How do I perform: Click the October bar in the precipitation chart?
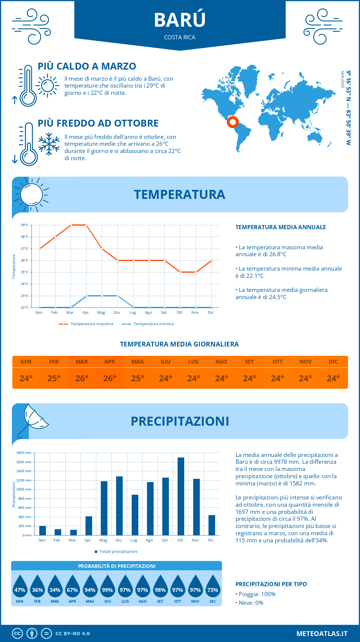click(x=181, y=496)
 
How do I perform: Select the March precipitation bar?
click(x=73, y=532)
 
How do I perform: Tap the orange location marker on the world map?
click(x=232, y=122)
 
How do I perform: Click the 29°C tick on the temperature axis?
click(x=25, y=225)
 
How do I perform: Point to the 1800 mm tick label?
click(x=24, y=453)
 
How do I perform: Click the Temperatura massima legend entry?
click(x=86, y=324)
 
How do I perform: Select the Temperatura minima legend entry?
click(x=148, y=324)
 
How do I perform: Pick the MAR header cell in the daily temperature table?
click(x=82, y=362)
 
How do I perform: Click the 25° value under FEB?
click(x=54, y=379)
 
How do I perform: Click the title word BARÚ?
click(x=180, y=20)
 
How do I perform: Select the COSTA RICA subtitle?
click(x=180, y=37)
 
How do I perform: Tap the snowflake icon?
click(x=49, y=144)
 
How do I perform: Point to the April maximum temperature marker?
click(x=86, y=225)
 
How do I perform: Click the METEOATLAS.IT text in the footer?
click(x=322, y=634)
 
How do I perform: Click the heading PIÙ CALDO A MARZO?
click(x=87, y=66)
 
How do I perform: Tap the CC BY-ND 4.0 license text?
click(x=73, y=634)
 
